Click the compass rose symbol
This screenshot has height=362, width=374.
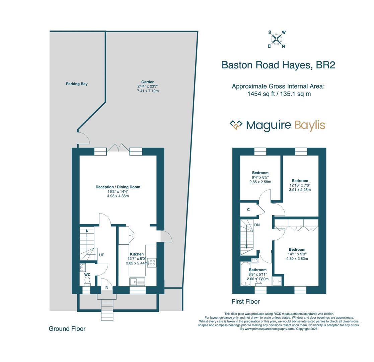pyautogui.click(x=276, y=40)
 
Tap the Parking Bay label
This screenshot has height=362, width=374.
pyautogui.click(x=77, y=84)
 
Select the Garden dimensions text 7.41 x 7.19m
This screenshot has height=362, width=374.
pyautogui.click(x=148, y=91)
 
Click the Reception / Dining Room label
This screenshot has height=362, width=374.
pyautogui.click(x=118, y=187)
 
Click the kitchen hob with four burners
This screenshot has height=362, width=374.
pyautogui.click(x=152, y=262)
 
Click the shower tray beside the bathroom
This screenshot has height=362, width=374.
pyautogui.click(x=277, y=281)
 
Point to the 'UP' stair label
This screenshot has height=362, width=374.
pyautogui.click(x=102, y=255)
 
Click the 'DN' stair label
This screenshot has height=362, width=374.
pyautogui.click(x=257, y=225)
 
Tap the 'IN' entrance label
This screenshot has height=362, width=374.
pyautogui.click(x=106, y=288)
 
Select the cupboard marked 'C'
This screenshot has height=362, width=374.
pyautogui.click(x=248, y=210)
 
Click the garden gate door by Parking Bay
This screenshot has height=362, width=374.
pyautogui.click(x=84, y=138)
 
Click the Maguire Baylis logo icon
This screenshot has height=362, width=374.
pyautogui.click(x=236, y=125)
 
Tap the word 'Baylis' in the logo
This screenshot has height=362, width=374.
pyautogui.click(x=310, y=125)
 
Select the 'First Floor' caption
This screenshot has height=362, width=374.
pyautogui.click(x=245, y=302)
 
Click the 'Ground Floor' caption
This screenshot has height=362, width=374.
pyautogui.click(x=67, y=329)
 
